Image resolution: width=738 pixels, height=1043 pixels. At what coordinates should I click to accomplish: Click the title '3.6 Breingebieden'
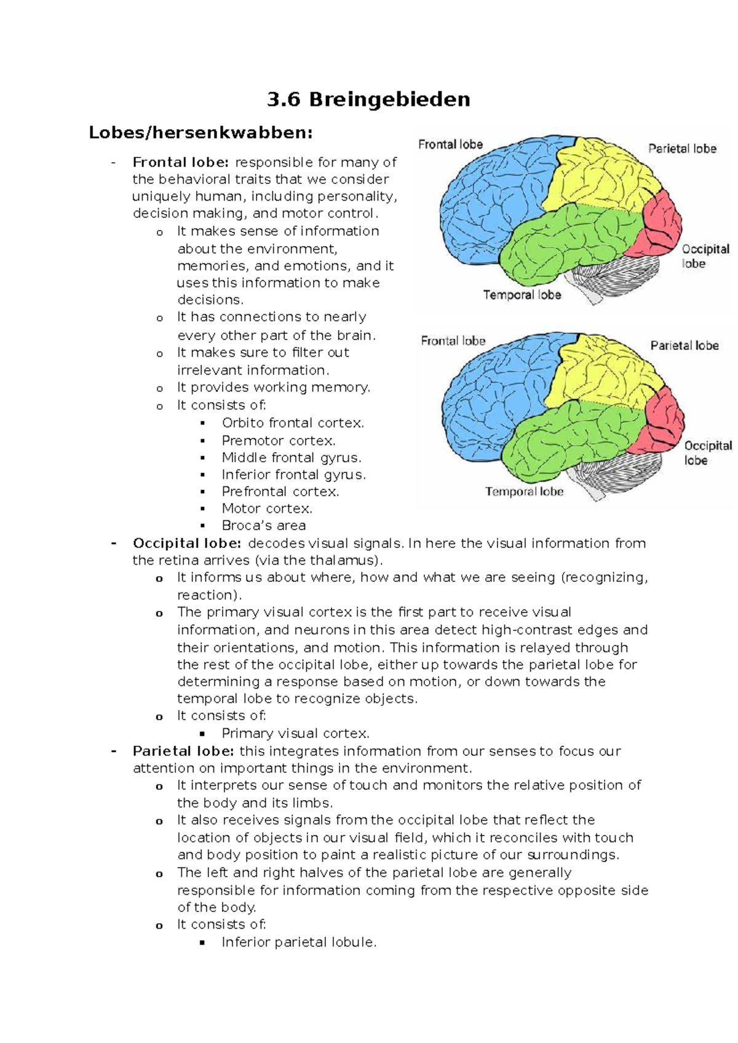pos(368,100)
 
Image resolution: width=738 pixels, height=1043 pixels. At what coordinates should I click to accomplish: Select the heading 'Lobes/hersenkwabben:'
pos(200,133)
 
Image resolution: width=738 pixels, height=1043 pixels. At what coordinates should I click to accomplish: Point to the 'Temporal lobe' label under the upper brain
pos(522,295)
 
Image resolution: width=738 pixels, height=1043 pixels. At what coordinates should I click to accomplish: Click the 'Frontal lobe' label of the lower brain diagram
pos(453,341)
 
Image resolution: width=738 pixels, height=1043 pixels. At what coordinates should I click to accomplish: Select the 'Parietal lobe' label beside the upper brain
pos(682,149)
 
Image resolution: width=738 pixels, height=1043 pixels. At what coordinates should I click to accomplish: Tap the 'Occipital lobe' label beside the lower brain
pos(707,453)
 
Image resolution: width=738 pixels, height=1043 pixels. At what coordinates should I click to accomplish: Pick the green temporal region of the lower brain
pos(566,437)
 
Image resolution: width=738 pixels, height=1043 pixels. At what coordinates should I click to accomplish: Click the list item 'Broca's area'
pos(263,526)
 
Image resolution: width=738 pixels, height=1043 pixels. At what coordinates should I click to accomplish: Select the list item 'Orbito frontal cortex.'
pos(293,423)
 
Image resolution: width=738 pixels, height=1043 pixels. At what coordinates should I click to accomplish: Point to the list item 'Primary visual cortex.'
pos(295,734)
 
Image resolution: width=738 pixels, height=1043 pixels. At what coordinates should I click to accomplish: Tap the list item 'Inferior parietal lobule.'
pos(299,942)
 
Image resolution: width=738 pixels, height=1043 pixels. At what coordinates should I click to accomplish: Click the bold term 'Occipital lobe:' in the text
pos(186,544)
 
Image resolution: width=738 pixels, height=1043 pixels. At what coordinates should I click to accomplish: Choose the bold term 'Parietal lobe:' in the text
pos(183,752)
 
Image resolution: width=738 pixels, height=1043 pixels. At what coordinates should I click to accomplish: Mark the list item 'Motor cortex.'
pos(267,509)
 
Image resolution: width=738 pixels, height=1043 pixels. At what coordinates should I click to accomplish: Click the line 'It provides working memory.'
pos(274,387)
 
